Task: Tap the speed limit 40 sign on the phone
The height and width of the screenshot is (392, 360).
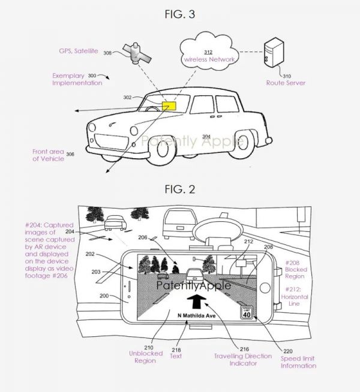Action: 245,313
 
